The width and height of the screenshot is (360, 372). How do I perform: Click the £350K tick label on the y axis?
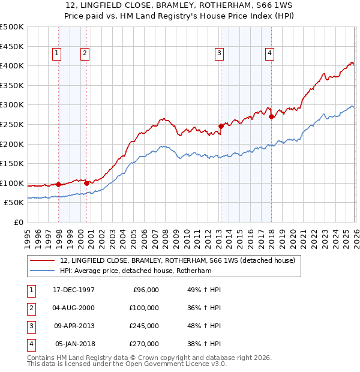(12, 86)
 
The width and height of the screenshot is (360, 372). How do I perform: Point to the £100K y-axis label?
(12, 184)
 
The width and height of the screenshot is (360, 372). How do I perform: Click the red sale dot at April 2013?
(221, 126)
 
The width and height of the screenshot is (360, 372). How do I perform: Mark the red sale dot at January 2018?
(271, 116)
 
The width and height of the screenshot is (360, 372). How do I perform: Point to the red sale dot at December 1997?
(58, 185)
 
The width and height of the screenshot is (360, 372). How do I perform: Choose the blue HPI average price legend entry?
(136, 271)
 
